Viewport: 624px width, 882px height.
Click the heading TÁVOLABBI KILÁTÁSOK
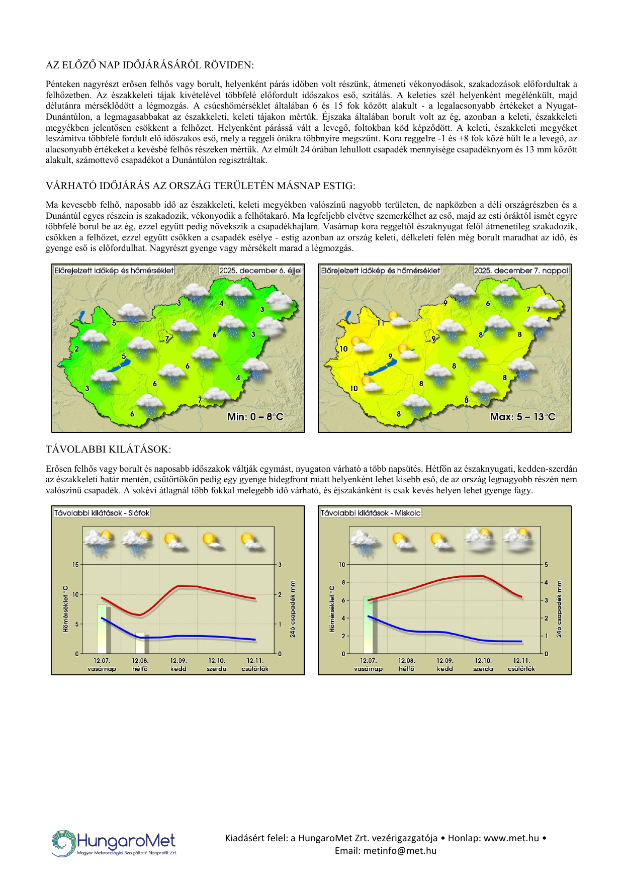(108, 449)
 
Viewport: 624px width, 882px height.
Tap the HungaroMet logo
(114, 842)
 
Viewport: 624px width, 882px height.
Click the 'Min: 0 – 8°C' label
(255, 416)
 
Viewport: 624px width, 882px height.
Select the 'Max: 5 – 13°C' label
(523, 416)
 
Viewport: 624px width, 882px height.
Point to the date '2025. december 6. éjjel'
(260, 271)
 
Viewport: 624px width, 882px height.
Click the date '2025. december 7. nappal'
(521, 271)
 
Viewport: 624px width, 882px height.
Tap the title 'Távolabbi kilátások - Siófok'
(102, 513)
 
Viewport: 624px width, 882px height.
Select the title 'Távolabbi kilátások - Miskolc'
(371, 513)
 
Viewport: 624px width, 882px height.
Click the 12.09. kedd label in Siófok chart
(179, 665)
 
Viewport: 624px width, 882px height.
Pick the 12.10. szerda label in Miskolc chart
(483, 665)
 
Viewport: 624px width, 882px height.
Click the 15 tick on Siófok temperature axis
(75, 565)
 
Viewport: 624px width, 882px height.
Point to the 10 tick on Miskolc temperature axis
(342, 565)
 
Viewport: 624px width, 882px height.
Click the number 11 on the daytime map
(381, 323)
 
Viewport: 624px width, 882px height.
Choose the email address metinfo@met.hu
(386, 850)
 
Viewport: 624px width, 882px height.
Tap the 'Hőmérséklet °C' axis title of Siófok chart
(65, 608)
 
